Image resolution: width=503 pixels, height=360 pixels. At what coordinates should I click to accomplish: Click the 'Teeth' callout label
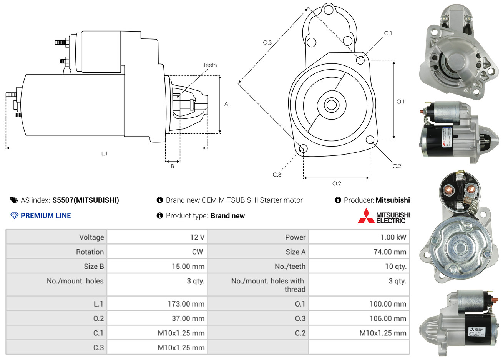210,65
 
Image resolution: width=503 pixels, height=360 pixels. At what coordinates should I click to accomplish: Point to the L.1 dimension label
104,153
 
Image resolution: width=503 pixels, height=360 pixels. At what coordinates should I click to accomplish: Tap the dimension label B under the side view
173,166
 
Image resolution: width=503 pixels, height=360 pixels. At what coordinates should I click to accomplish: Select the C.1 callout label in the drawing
388,33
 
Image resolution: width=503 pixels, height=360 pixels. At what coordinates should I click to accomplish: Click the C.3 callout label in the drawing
277,175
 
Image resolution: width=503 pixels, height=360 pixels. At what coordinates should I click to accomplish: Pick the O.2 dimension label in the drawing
337,183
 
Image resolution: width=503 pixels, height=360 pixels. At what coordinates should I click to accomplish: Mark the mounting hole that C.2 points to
370,139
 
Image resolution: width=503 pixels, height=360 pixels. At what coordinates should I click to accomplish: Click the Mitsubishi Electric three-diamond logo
366,216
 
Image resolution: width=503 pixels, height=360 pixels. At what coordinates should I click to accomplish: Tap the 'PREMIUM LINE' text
46,216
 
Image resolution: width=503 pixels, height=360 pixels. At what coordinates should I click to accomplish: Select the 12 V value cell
197,237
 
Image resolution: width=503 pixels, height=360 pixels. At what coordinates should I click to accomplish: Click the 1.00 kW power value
393,237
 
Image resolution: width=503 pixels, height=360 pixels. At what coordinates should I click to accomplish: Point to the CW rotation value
198,252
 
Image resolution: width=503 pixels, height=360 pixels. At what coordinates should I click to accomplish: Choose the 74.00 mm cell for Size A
390,252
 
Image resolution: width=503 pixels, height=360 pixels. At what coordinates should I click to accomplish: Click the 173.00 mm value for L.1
186,304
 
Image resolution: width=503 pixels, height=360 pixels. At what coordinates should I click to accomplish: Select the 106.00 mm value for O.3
388,318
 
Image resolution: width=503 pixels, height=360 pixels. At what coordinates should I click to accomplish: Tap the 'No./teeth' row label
290,267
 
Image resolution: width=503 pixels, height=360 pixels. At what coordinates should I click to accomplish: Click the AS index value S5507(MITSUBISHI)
86,200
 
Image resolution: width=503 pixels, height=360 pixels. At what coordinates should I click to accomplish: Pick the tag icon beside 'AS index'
14,200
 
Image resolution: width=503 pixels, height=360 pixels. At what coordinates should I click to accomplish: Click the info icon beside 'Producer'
338,200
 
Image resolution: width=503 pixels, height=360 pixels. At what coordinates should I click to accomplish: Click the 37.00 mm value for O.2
188,318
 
